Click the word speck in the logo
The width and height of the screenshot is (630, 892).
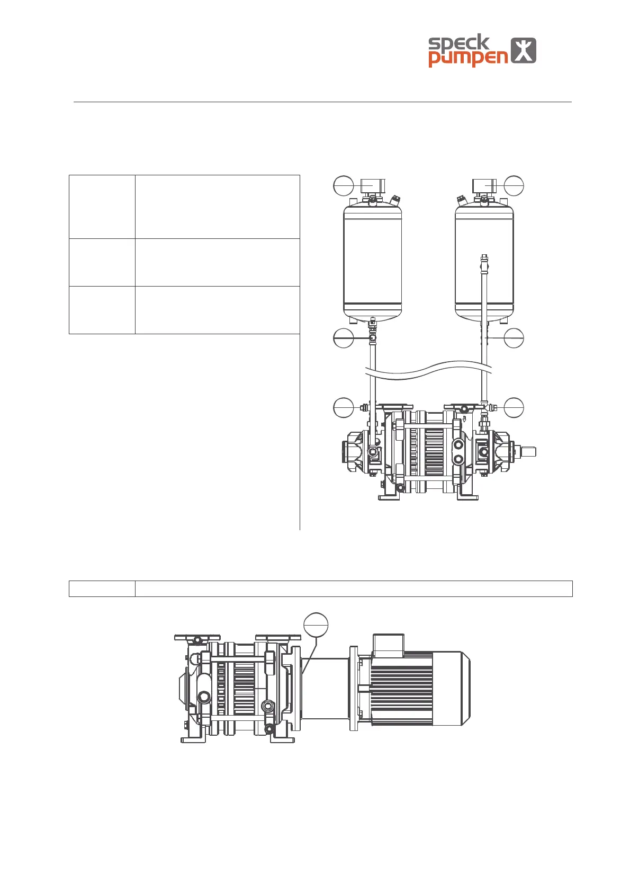(458, 43)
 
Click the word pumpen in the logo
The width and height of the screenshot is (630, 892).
(468, 59)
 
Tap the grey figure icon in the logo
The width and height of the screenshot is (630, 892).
(523, 50)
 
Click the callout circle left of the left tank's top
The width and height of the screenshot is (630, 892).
(344, 185)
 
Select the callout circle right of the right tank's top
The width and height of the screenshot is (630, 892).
(514, 185)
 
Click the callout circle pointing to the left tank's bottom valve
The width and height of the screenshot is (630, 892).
(344, 338)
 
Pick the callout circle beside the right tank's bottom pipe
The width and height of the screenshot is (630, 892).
(514, 338)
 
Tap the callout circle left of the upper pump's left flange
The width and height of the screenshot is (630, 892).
(344, 407)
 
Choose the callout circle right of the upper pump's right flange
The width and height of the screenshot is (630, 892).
(514, 407)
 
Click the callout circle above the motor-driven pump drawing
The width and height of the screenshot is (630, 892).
(316, 625)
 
